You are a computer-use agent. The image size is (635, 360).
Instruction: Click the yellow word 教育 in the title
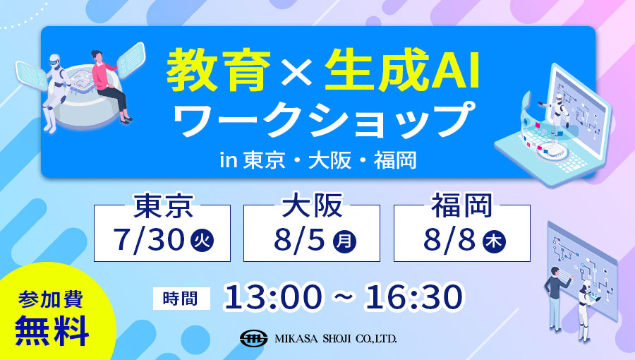(x=219, y=70)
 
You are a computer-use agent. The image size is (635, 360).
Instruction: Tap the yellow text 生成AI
(x=402, y=70)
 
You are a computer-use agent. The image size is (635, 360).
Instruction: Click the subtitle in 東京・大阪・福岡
(x=318, y=160)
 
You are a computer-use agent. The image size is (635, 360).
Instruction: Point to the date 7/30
(x=149, y=240)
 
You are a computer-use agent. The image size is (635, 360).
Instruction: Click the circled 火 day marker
(x=202, y=241)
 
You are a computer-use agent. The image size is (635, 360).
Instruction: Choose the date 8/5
(x=299, y=240)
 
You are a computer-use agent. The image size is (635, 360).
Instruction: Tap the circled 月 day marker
(x=344, y=241)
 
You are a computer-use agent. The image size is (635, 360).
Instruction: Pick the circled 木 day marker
(x=494, y=241)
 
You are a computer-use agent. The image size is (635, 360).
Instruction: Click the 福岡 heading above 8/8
(x=462, y=205)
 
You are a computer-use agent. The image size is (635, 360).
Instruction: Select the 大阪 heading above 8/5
(x=312, y=205)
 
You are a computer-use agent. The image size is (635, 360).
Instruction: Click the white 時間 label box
(x=181, y=299)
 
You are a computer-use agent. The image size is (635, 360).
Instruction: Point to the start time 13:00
(x=273, y=297)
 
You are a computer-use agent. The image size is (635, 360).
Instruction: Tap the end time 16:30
(x=414, y=297)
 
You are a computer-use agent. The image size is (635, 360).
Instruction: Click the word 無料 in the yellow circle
(x=52, y=330)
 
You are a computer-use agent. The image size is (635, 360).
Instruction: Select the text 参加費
(x=51, y=300)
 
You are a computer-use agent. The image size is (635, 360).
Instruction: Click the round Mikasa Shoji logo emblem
(x=253, y=337)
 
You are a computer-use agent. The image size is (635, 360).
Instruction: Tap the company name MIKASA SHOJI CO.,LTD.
(x=336, y=339)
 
